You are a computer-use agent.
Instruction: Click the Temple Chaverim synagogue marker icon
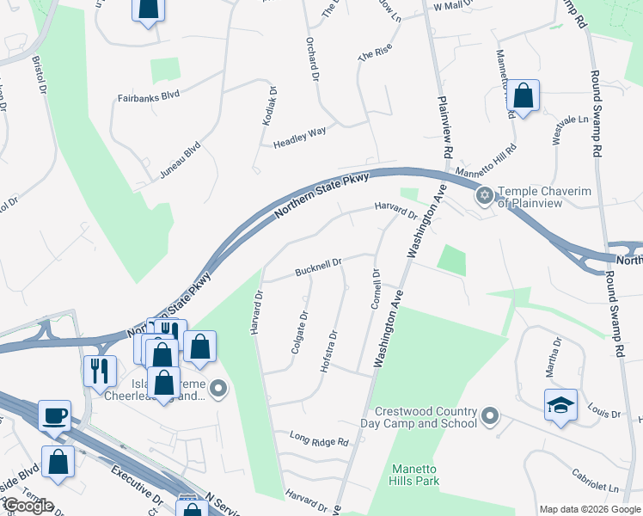tap(484, 197)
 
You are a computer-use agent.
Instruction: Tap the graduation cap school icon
tap(560, 404)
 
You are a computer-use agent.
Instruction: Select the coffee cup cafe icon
tap(54, 415)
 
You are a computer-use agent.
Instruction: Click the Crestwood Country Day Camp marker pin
tap(490, 417)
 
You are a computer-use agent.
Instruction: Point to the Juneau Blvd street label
tap(180, 160)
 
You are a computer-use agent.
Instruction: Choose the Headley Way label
tap(299, 137)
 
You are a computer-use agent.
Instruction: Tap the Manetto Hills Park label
tap(415, 474)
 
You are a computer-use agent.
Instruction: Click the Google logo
tap(28, 506)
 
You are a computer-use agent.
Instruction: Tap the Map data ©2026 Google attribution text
tap(589, 509)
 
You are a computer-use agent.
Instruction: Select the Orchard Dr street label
tap(312, 55)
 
